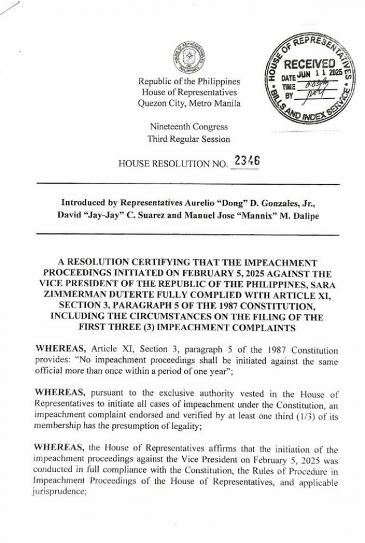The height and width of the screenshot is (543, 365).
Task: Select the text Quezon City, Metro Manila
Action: tap(189, 103)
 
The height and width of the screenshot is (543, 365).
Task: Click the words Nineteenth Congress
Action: tap(189, 127)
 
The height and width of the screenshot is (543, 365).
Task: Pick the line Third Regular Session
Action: tap(189, 139)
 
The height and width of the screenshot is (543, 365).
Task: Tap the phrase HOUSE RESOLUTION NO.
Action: tap(173, 164)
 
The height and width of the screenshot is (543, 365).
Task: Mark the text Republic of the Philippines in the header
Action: tap(189, 82)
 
